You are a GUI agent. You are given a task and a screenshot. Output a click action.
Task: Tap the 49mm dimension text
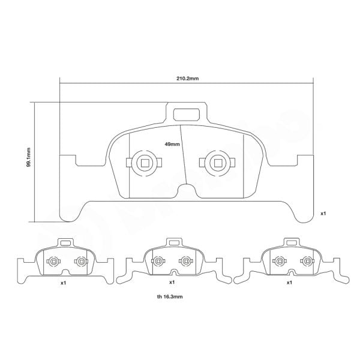[172, 144]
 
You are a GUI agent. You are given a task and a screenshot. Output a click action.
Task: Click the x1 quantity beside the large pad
[323, 213]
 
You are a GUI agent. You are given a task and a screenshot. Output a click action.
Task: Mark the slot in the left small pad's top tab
[64, 243]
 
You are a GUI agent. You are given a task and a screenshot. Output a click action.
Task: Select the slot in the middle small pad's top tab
[173, 243]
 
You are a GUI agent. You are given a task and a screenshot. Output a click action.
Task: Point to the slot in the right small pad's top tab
[291, 243]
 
